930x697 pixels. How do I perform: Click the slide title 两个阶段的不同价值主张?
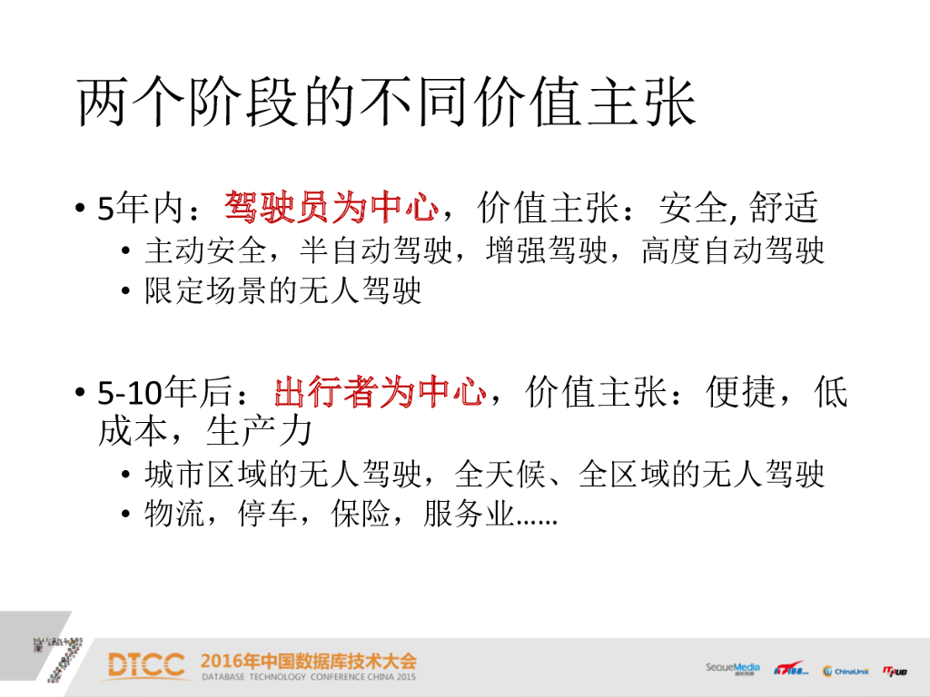[x=387, y=101]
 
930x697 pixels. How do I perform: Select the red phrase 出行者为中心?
[x=381, y=394]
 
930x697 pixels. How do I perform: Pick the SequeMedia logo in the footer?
[x=733, y=668]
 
